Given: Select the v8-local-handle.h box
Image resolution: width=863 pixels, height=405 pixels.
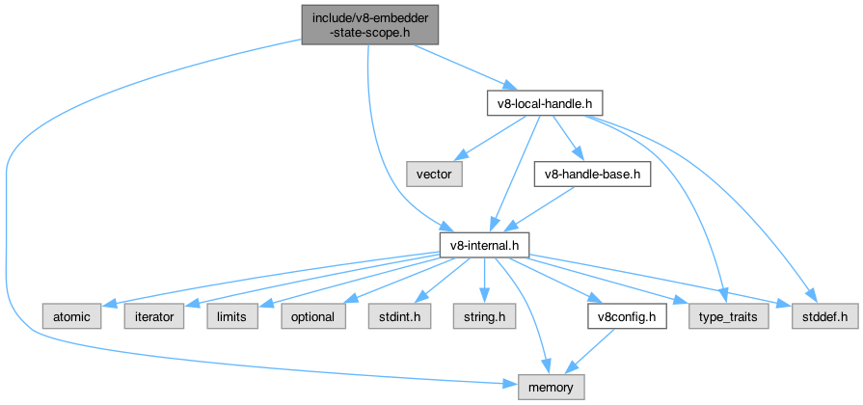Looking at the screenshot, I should coord(549,102).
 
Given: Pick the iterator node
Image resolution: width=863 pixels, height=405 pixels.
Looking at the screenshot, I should coord(149,316).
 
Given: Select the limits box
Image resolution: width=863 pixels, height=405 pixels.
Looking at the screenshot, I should coord(232,316).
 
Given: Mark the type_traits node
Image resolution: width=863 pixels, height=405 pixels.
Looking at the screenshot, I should coord(729,316).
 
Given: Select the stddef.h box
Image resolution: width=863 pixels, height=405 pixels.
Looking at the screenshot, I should coord(824,316).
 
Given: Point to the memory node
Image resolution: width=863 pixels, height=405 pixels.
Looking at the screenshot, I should coord(551,388).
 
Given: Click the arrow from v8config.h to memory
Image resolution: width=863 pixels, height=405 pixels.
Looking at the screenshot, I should coord(591,351).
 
